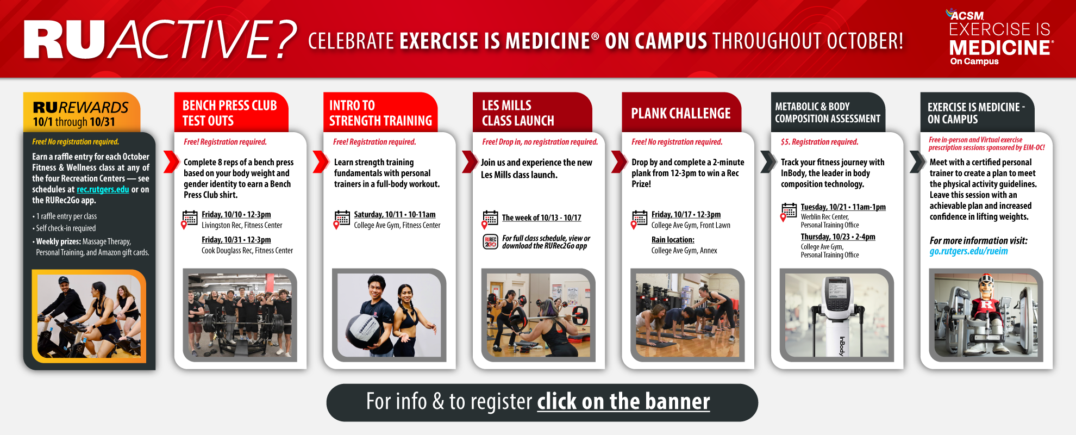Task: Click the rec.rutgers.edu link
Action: [x=103, y=189]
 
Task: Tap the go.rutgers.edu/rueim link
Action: [x=968, y=251]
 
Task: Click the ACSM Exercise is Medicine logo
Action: [x=1000, y=37]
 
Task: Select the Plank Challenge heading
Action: [x=681, y=113]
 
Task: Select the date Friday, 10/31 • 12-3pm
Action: [x=236, y=240]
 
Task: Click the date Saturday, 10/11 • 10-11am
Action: [x=395, y=215]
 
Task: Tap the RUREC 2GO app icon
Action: [x=491, y=242]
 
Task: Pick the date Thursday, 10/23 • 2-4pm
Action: [x=838, y=237]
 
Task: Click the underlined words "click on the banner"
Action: [x=623, y=402]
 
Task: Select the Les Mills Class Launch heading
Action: [x=518, y=113]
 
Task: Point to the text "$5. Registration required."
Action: [x=819, y=142]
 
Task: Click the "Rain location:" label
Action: [x=673, y=240]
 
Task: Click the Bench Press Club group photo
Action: [x=240, y=315]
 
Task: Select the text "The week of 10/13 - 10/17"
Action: [x=541, y=218]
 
